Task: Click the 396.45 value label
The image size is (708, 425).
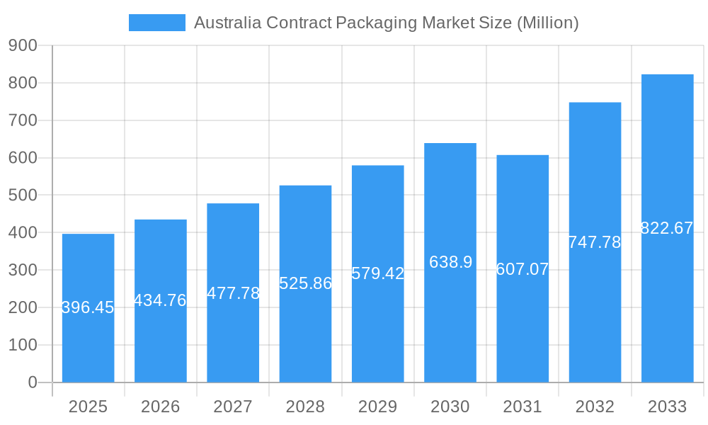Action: pos(88,307)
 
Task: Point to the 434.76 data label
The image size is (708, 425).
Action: pos(160,300)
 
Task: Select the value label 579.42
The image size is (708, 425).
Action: pos(377,273)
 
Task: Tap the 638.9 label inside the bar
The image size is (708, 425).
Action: pos(450,262)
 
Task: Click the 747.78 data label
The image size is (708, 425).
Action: pos(595,242)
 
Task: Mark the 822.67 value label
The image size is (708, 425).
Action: pos(667,228)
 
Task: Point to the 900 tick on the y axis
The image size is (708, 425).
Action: pos(23,45)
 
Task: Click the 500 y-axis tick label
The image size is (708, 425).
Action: pos(23,195)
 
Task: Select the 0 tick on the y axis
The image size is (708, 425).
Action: pos(32,382)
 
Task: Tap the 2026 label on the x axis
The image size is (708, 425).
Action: pos(160,407)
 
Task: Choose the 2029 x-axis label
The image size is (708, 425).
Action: pos(377,407)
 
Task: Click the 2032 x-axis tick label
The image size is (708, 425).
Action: pos(595,407)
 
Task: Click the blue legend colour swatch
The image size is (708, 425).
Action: pos(156,23)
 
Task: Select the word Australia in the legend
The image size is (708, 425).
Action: pos(228,23)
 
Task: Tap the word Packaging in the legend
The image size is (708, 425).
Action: pos(376,23)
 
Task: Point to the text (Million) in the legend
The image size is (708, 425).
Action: pos(547,23)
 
